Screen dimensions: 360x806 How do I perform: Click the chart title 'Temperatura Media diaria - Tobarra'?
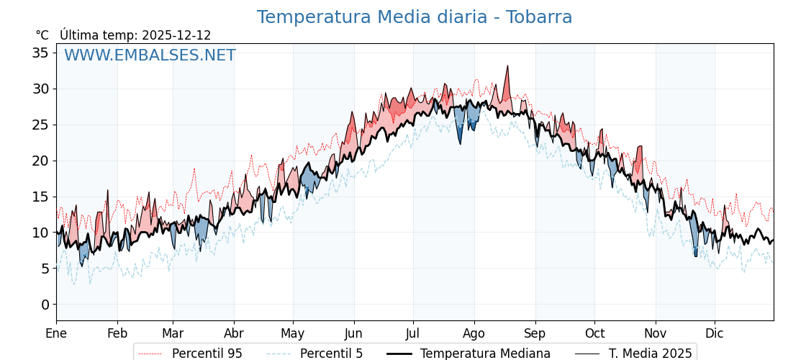click(415, 17)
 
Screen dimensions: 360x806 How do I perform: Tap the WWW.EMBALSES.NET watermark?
click(150, 55)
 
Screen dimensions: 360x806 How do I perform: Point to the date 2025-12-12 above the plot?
click(176, 35)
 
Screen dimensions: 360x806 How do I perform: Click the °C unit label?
click(42, 35)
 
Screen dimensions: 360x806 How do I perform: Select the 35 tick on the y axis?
click(40, 53)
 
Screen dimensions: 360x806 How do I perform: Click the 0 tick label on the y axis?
click(45, 305)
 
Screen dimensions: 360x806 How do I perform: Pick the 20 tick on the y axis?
click(40, 161)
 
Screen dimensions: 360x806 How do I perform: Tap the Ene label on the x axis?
click(56, 333)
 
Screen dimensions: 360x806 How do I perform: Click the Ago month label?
click(474, 333)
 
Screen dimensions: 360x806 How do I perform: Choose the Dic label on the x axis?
click(715, 333)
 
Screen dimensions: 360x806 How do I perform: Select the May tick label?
click(293, 333)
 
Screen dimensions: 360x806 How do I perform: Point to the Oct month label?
click(594, 333)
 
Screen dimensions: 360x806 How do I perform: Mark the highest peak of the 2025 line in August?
click(507, 66)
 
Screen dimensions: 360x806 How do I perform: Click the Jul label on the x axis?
click(413, 333)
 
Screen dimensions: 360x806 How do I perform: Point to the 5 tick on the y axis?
click(45, 269)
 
